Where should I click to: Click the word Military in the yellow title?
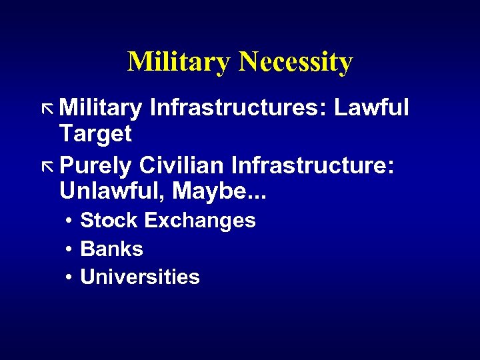(x=179, y=62)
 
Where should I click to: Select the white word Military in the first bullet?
(x=101, y=107)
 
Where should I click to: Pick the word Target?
(x=95, y=134)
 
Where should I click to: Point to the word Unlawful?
(x=113, y=191)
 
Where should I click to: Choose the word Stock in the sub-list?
(x=109, y=220)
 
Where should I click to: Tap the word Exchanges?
(x=200, y=221)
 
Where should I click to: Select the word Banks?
(x=111, y=249)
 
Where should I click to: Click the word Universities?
(x=140, y=277)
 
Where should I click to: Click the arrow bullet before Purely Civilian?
(x=47, y=165)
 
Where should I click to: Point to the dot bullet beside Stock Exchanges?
(x=69, y=221)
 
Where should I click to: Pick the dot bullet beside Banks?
(x=69, y=249)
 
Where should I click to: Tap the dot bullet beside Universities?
(x=69, y=277)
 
